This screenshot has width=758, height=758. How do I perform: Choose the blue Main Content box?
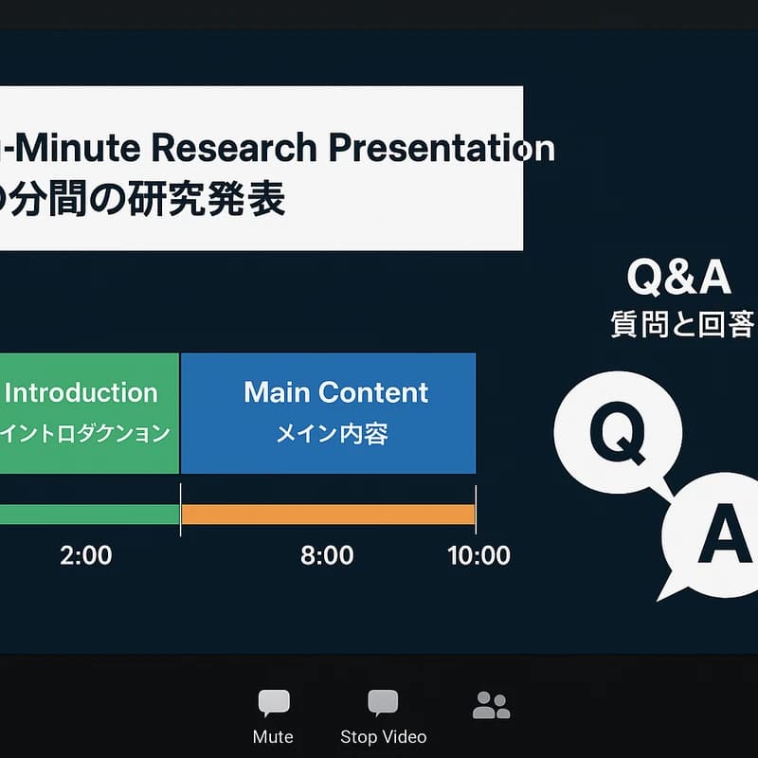pyautogui.click(x=328, y=412)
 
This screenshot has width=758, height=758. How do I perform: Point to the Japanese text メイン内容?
pyautogui.click(x=332, y=435)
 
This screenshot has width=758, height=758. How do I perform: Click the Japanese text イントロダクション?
pyautogui.click(x=85, y=435)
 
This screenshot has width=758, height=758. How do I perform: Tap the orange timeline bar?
pyautogui.click(x=328, y=514)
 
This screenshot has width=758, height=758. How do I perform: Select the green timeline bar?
pyautogui.click(x=89, y=514)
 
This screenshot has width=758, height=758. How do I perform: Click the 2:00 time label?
pyautogui.click(x=85, y=555)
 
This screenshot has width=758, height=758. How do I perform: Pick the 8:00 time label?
pyautogui.click(x=327, y=555)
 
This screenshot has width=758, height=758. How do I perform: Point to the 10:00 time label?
pyautogui.click(x=478, y=555)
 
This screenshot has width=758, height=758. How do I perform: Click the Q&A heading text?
pyautogui.click(x=678, y=278)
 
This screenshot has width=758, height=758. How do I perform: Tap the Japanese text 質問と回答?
pyautogui.click(x=682, y=325)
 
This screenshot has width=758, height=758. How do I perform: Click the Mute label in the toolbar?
pyautogui.click(x=273, y=737)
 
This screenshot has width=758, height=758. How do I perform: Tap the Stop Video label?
pyautogui.click(x=383, y=737)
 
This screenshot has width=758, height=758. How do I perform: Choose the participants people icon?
pyautogui.click(x=491, y=705)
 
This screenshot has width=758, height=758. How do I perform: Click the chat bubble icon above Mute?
pyautogui.click(x=274, y=703)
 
